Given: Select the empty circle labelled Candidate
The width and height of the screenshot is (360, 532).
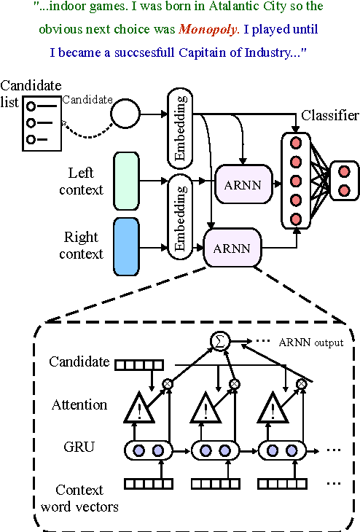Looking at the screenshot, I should pyautogui.click(x=125, y=114).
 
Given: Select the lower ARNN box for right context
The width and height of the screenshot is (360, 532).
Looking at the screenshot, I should pyautogui.click(x=232, y=248).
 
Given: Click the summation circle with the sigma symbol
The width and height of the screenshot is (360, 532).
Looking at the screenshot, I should pyautogui.click(x=218, y=340).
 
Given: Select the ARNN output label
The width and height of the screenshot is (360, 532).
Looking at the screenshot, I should pyautogui.click(x=311, y=343).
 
